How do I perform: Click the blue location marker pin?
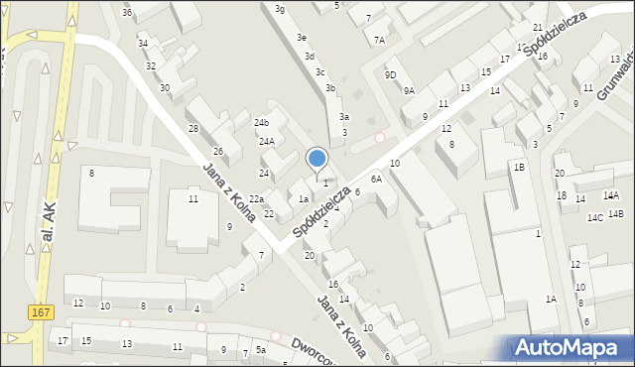point(317,160)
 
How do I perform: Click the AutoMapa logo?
point(570,347)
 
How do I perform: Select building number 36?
point(126,12)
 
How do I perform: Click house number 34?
point(143,44)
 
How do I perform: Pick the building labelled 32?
point(151,66)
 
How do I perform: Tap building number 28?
point(193,129)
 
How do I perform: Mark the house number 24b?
point(261,122)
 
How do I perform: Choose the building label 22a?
point(256,199)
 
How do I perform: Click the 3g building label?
point(280,9)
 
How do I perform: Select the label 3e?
point(301,38)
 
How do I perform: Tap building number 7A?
point(379,41)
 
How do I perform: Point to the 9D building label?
point(391,74)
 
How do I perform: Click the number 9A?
point(409,90)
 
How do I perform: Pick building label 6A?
point(376,179)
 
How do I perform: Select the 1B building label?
point(519,168)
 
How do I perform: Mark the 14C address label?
point(594,216)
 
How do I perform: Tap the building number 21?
point(537,28)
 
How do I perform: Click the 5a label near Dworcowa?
point(261,350)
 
